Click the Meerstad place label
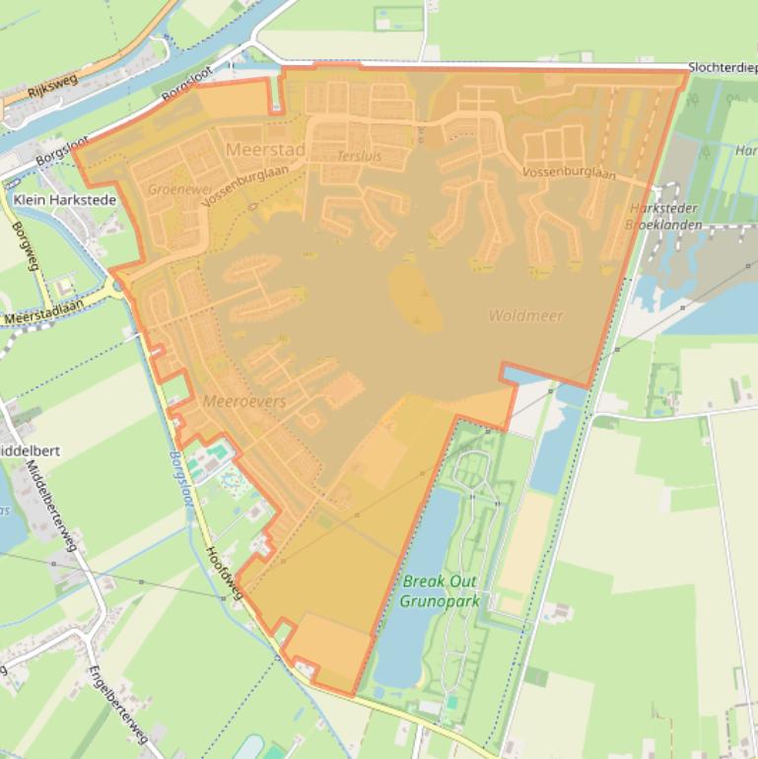(265, 150)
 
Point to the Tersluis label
(358, 157)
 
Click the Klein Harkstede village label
(65, 200)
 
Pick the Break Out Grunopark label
(440, 589)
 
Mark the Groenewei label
(173, 187)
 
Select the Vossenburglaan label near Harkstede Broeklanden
(569, 173)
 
